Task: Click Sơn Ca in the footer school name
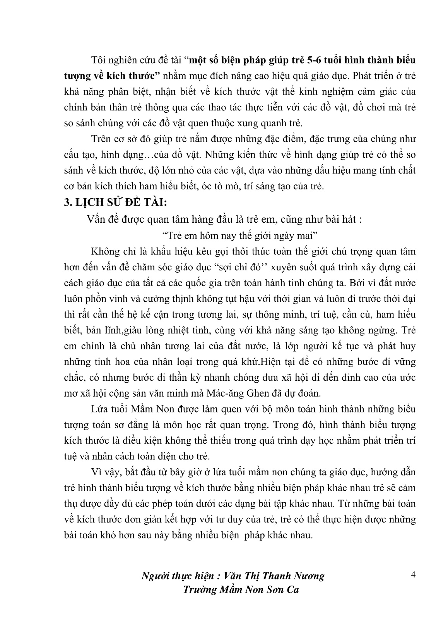(x=285, y=590)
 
